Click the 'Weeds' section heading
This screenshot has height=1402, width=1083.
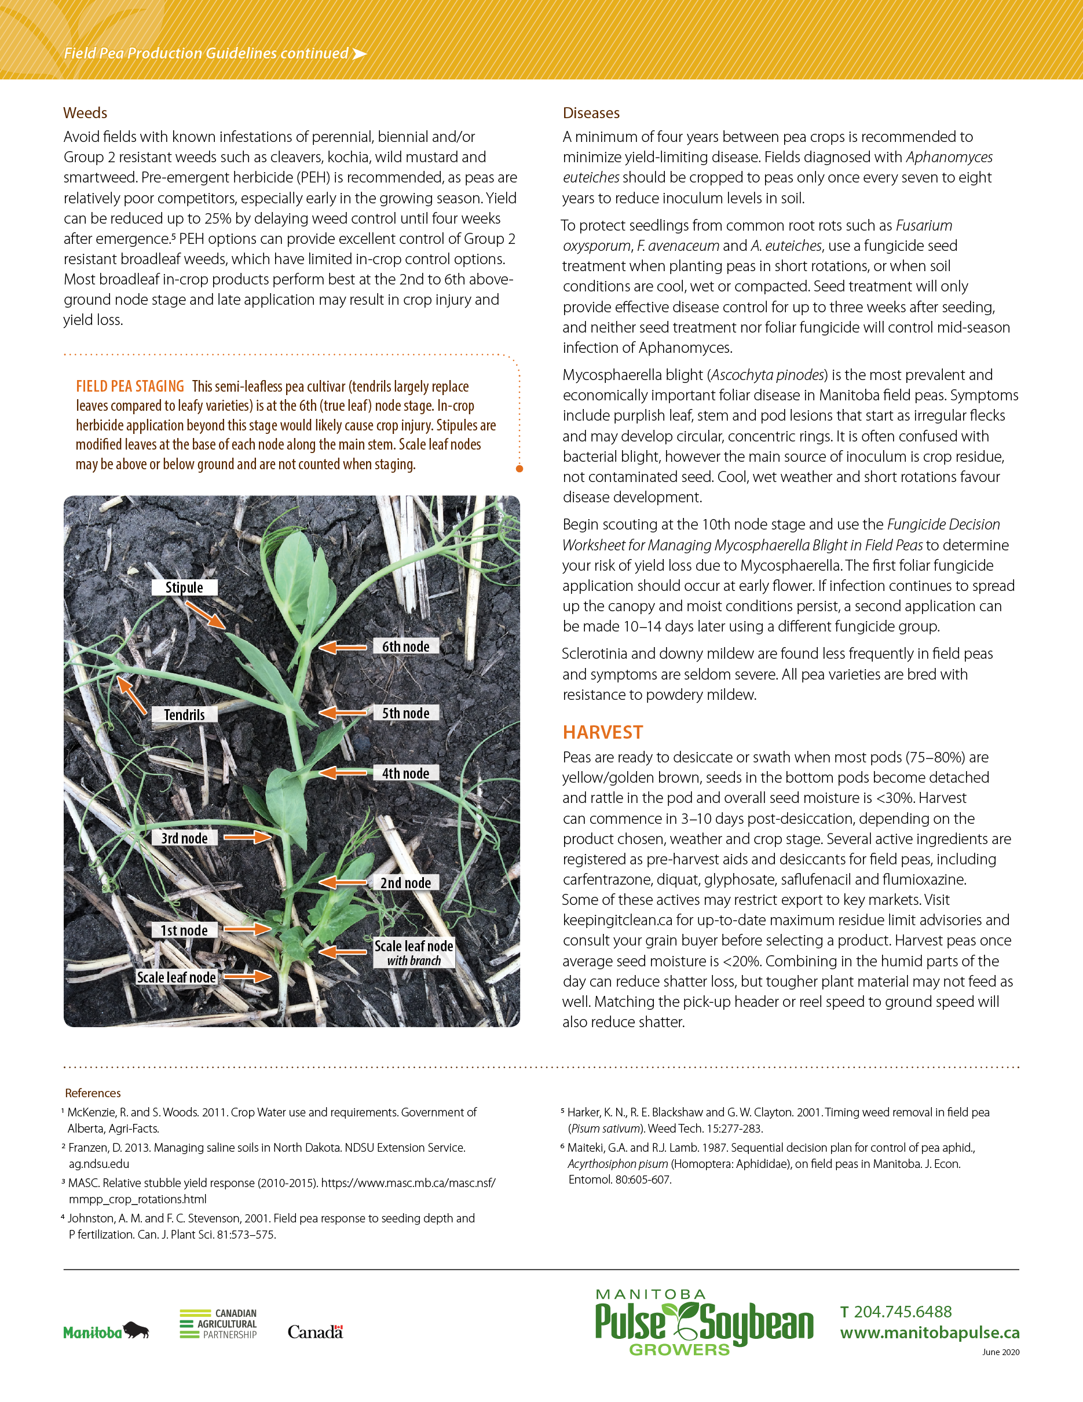[85, 113]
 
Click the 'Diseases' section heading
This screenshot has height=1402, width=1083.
[591, 113]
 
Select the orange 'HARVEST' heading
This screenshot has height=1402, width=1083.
[602, 732]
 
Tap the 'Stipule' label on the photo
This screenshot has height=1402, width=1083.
[184, 587]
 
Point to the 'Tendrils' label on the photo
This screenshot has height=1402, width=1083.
[184, 714]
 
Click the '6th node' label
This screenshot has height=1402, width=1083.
[405, 647]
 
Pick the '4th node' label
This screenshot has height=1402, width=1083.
[405, 773]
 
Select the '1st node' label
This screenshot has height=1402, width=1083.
[184, 930]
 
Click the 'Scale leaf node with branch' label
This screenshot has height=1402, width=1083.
[414, 952]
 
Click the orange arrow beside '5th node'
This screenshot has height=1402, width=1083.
[343, 713]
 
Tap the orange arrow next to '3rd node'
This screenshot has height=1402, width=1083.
[248, 837]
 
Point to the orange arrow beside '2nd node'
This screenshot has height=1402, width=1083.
[343, 883]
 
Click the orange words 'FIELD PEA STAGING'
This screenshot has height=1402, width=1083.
[130, 386]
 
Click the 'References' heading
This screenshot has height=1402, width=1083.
[93, 1093]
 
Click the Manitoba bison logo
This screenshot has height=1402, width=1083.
[106, 1331]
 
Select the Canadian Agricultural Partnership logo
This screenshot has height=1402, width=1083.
[218, 1324]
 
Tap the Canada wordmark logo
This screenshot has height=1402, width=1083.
[315, 1332]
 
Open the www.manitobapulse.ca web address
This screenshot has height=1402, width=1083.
[930, 1332]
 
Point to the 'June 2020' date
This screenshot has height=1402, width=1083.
[1000, 1352]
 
